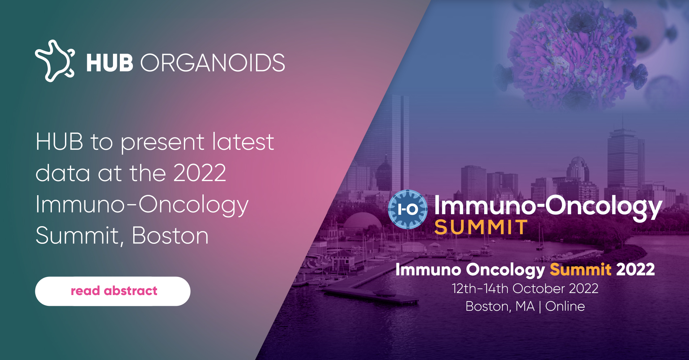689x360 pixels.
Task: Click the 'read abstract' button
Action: [113, 291]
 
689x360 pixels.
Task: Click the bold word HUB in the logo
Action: [110, 63]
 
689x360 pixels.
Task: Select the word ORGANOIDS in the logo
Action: [213, 63]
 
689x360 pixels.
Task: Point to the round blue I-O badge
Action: [408, 209]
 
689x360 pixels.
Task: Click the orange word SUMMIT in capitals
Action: [481, 227]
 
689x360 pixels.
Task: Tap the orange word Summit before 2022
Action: [581, 270]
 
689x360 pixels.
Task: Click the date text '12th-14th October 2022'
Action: [525, 289]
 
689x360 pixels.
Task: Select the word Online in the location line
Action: [565, 306]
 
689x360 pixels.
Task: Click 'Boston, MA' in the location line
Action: [500, 307]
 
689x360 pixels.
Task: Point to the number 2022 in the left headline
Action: [200, 173]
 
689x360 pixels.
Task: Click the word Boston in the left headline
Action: [170, 236]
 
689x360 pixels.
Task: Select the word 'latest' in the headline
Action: [243, 142]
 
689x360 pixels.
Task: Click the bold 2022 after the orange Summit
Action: [635, 270]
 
